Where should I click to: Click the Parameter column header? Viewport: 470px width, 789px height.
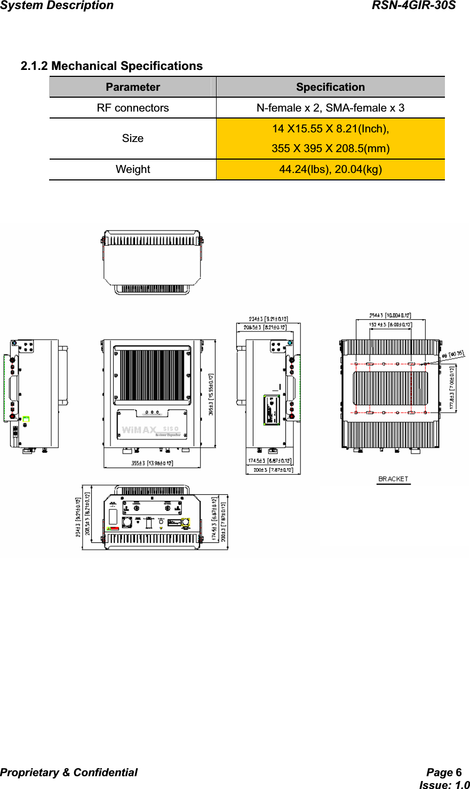[133, 87]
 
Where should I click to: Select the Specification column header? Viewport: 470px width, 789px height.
[330, 87]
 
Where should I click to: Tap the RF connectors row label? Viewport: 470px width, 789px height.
[133, 108]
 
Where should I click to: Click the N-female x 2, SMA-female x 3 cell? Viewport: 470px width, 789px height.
[330, 108]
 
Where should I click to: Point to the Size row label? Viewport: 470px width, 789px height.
[133, 138]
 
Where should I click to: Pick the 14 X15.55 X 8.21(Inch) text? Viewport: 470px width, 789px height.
[330, 129]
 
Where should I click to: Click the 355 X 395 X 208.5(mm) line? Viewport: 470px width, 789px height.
[330, 148]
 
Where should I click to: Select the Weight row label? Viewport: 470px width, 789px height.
[133, 169]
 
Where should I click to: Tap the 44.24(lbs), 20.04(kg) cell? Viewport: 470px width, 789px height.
[330, 169]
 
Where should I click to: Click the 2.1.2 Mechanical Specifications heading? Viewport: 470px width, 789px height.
[111, 66]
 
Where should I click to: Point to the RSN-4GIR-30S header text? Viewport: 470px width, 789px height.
[413, 6]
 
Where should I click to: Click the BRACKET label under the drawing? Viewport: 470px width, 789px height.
[393, 479]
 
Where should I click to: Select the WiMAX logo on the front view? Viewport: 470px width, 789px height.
[139, 430]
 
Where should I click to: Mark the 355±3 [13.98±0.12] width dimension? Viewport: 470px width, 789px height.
[152, 463]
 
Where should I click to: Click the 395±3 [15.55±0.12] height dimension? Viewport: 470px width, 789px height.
[211, 394]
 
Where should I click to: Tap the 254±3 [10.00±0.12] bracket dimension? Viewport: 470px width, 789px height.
[391, 315]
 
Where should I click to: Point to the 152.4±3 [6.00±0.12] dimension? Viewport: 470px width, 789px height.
[391, 324]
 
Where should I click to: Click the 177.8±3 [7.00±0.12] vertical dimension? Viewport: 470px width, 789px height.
[452, 388]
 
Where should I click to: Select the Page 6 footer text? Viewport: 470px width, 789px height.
[444, 772]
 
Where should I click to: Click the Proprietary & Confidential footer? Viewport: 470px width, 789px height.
[69, 772]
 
